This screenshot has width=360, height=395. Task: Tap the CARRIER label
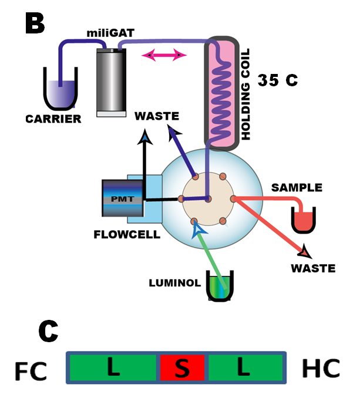pyautogui.click(x=53, y=119)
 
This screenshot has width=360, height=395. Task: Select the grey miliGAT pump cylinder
pyautogui.click(x=111, y=82)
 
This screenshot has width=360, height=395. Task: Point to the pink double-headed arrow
pyautogui.click(x=164, y=55)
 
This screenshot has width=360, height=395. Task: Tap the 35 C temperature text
pyautogui.click(x=277, y=80)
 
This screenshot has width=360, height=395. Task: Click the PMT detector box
pyautogui.click(x=122, y=198)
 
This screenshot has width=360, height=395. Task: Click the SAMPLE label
pyautogui.click(x=297, y=188)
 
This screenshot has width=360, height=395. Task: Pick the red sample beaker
pyautogui.click(x=304, y=220)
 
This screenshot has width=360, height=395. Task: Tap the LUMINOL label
pyautogui.click(x=174, y=283)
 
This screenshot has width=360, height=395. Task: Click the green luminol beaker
pyautogui.click(x=220, y=286)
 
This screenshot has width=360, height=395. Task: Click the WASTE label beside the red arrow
pyautogui.click(x=313, y=268)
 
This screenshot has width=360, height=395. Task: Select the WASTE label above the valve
pyautogui.click(x=157, y=116)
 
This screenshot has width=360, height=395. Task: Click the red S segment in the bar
pyautogui.click(x=182, y=368)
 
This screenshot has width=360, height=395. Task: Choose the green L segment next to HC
pyautogui.click(x=244, y=368)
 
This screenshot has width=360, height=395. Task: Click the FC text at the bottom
pyautogui.click(x=31, y=370)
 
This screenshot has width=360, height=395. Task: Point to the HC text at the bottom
pyautogui.click(x=321, y=369)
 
